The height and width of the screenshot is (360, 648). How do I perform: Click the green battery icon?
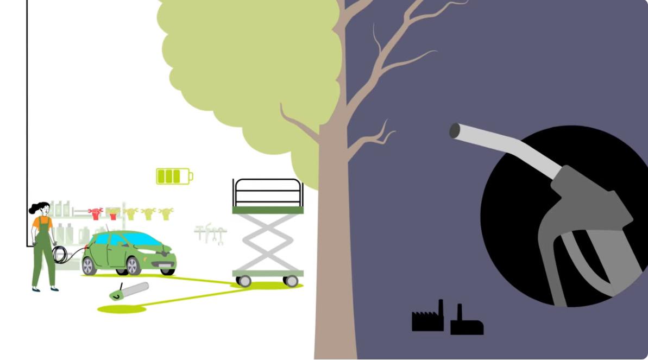pyautogui.click(x=174, y=176)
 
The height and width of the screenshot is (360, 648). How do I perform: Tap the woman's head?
pyautogui.click(x=42, y=209)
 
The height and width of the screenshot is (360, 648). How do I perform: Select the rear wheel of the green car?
pyautogui.click(x=90, y=267)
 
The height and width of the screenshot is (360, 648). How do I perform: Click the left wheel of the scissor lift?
pyautogui.click(x=244, y=281)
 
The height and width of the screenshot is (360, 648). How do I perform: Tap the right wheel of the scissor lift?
pyautogui.click(x=291, y=281)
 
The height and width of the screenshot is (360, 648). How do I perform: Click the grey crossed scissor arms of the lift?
pyautogui.click(x=267, y=242)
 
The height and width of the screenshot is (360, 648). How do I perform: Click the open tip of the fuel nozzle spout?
pyautogui.click(x=455, y=131)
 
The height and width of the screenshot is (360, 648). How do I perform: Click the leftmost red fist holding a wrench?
pyautogui.click(x=96, y=213)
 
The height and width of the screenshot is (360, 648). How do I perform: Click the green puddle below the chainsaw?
pyautogui.click(x=122, y=309)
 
